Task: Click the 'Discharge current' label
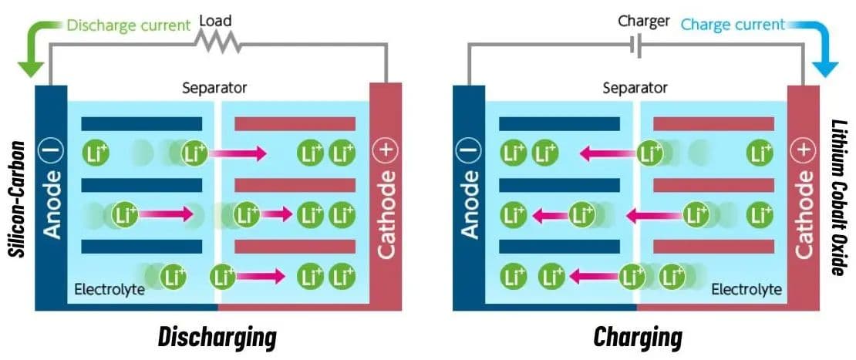[128, 25]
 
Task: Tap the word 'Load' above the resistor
[215, 22]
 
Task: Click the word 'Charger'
[643, 21]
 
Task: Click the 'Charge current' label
[733, 25]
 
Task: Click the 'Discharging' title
[217, 337]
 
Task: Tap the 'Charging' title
[638, 337]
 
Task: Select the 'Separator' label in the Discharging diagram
[214, 88]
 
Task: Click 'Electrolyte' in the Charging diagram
[746, 290]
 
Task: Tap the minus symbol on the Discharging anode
[51, 153]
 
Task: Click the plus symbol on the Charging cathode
[804, 151]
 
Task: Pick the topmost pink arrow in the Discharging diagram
[238, 154]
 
